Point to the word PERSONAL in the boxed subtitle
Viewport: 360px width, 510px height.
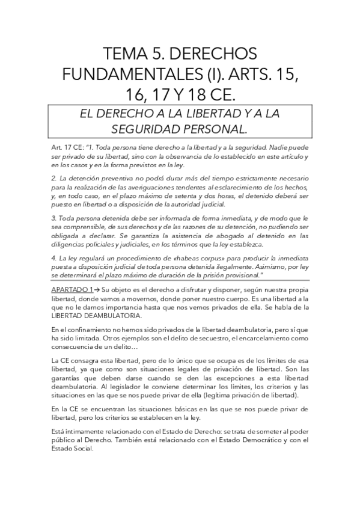(215, 129)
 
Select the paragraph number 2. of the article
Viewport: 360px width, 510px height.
(54, 179)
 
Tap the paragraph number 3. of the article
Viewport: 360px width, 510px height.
(54, 218)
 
